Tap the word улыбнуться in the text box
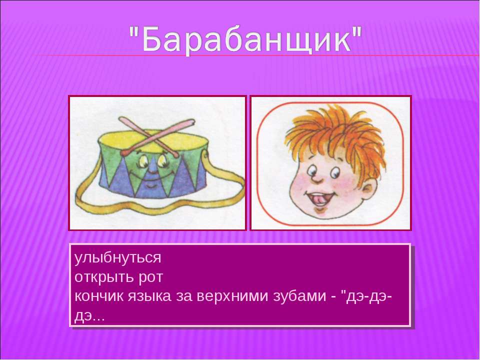(117, 258)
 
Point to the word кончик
(98, 296)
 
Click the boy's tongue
(319, 200)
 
